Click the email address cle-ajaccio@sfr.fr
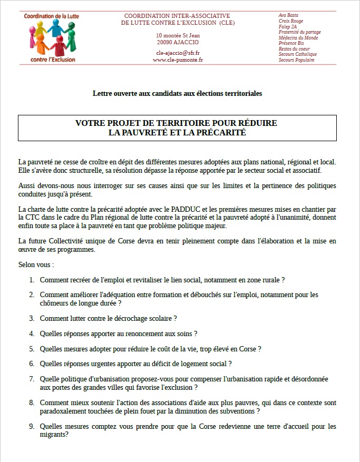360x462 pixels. [178, 53]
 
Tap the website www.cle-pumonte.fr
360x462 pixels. [178, 60]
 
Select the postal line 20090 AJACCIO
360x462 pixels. [178, 42]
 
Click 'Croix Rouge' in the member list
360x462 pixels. [290, 21]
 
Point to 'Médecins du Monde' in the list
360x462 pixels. [298, 37]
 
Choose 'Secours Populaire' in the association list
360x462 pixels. [296, 60]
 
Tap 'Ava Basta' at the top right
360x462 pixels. [288, 15]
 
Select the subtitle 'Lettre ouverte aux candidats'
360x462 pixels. [177, 94]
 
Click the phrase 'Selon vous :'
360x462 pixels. [36, 264]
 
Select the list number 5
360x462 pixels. [32, 349]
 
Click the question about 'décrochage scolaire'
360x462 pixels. [108, 318]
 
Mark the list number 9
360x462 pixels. [32, 427]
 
